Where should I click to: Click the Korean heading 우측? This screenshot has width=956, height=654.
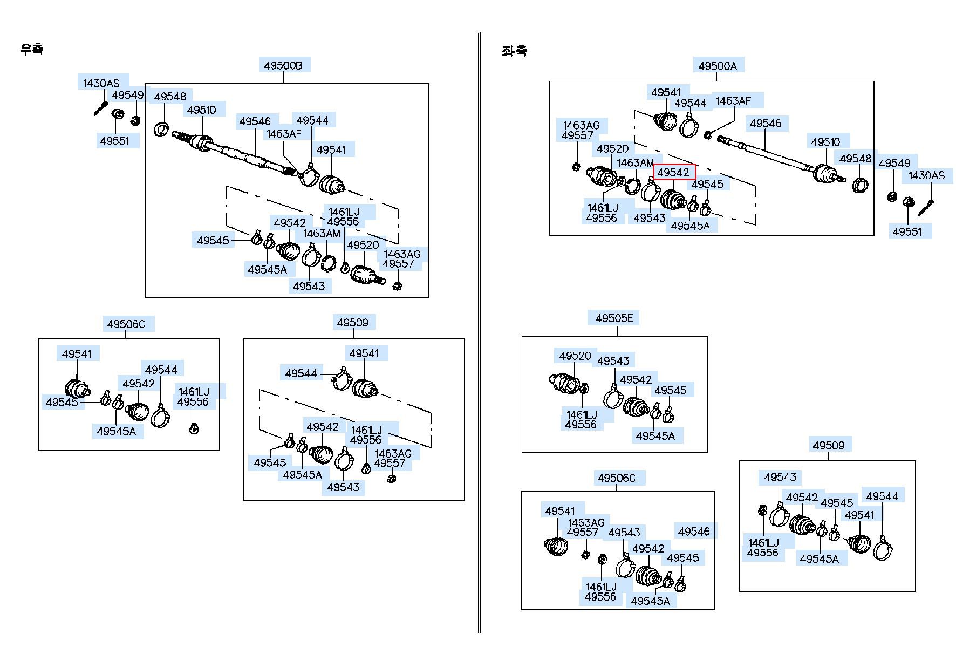point(31,49)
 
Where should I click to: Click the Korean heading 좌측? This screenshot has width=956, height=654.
point(514,51)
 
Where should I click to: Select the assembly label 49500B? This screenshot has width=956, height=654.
point(283,66)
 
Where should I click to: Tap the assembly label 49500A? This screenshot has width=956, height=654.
point(718,66)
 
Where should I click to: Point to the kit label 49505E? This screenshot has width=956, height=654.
point(614,318)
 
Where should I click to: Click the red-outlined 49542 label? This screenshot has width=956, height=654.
point(674,172)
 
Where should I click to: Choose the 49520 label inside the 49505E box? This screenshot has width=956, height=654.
point(575,356)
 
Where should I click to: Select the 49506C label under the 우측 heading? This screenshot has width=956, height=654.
point(126,324)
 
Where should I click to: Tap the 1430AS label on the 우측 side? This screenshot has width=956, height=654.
point(101,83)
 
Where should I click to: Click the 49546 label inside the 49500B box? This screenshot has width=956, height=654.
point(255,121)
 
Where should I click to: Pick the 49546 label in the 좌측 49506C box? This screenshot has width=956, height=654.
point(694,532)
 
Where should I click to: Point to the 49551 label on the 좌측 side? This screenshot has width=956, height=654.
point(907,231)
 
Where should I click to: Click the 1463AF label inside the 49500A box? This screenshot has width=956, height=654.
point(733,101)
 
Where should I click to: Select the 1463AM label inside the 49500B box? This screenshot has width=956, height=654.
point(322,234)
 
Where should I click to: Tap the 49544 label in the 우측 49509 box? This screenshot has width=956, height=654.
point(301,373)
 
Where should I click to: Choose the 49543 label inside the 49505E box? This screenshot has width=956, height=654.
point(613,360)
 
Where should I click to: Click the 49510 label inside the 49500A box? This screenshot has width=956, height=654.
point(825,142)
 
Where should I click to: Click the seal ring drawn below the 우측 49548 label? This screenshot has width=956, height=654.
point(161,130)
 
